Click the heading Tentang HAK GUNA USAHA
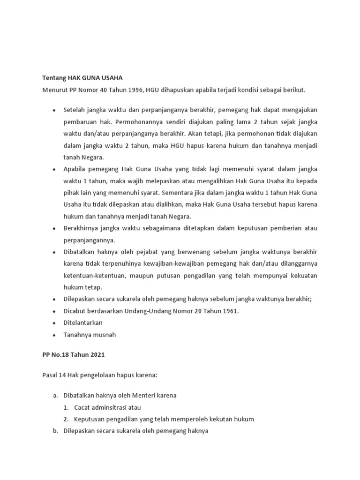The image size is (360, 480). click(x=82, y=78)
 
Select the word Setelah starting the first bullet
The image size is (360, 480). click(x=75, y=110)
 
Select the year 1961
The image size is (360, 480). click(x=229, y=311)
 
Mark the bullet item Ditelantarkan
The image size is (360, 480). click(x=83, y=323)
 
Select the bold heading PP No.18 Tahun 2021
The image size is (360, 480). click(x=74, y=355)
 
